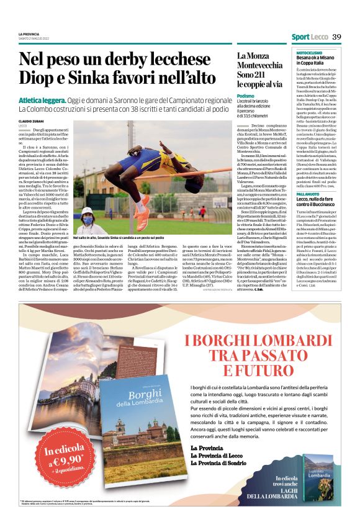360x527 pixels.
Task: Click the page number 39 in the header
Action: click(336, 37)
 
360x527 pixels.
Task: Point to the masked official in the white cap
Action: click(86, 221)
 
